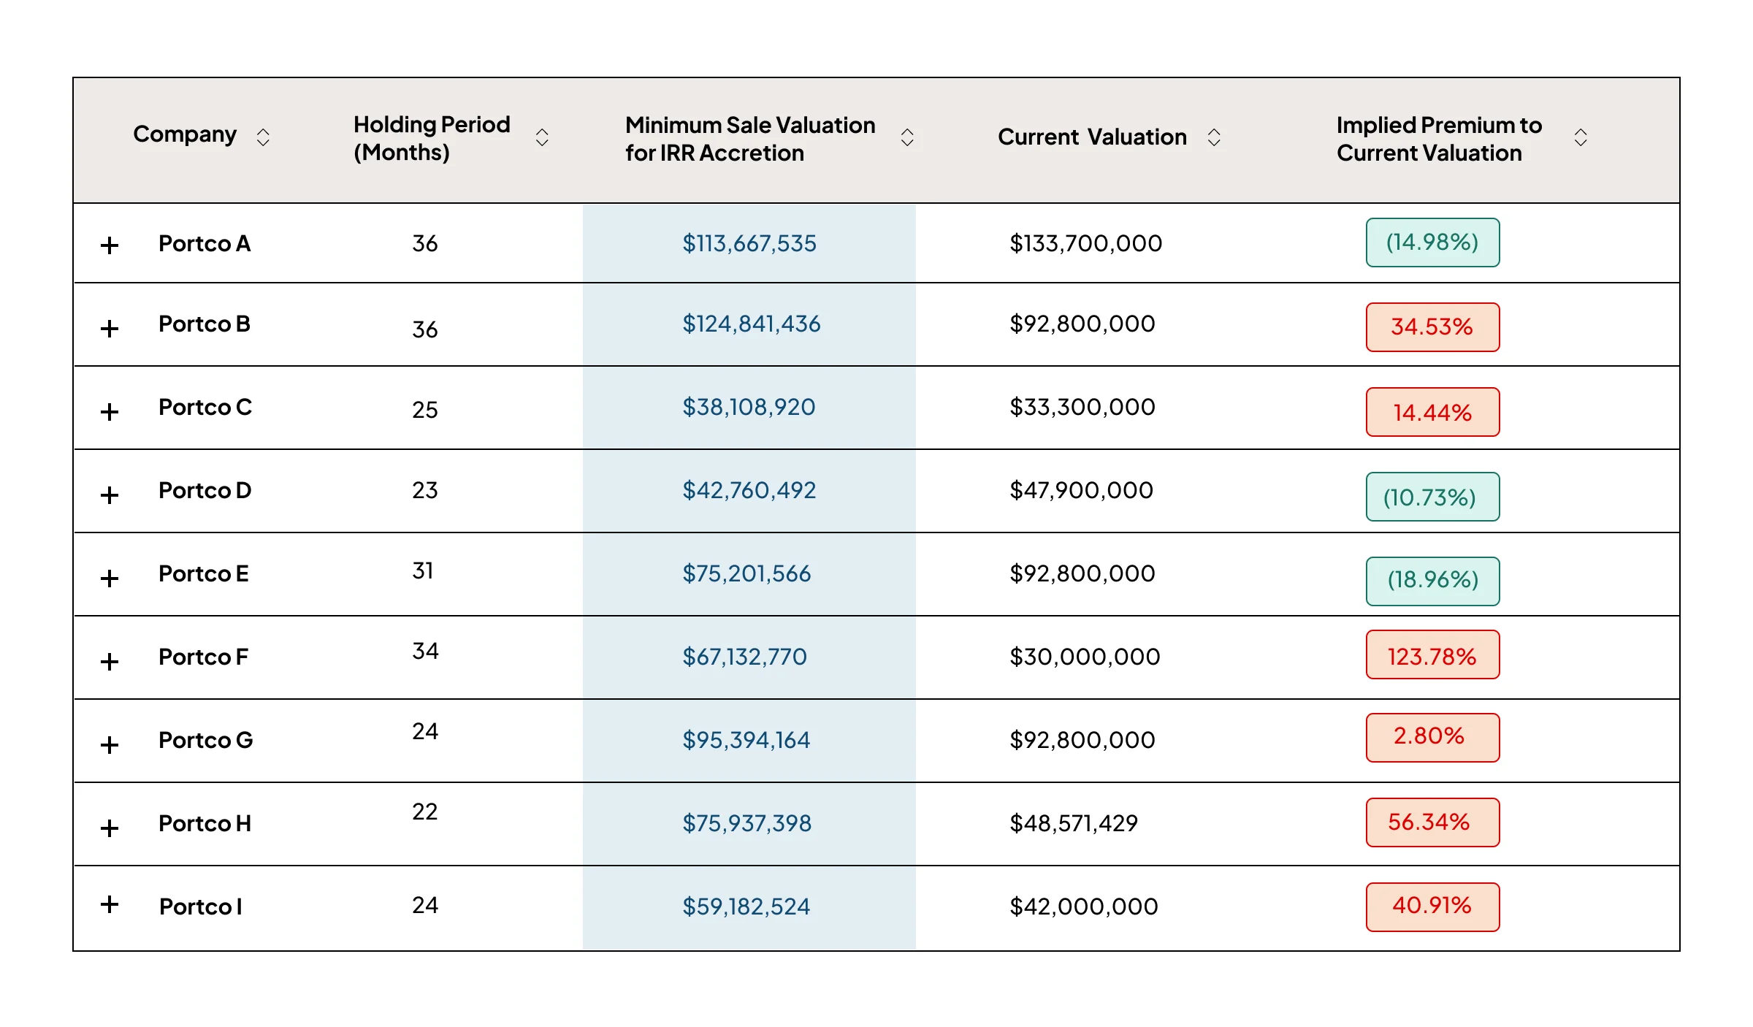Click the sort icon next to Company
(263, 137)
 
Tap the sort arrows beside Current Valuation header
(1214, 137)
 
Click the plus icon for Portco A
(110, 245)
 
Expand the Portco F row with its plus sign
(110, 662)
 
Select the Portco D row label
(205, 490)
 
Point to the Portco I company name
(201, 906)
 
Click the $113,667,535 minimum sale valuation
(749, 243)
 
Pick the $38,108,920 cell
(749, 407)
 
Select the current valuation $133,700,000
(1085, 243)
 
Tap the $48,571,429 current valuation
(1074, 823)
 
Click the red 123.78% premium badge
(1432, 654)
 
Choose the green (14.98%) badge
(1432, 243)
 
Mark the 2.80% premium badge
(1432, 738)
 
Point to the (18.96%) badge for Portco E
(1432, 581)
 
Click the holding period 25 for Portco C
(425, 410)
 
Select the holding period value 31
(423, 570)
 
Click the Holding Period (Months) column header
(432, 138)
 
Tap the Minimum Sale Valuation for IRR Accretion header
(750, 139)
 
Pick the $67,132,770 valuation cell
(744, 657)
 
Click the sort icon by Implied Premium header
(1581, 137)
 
